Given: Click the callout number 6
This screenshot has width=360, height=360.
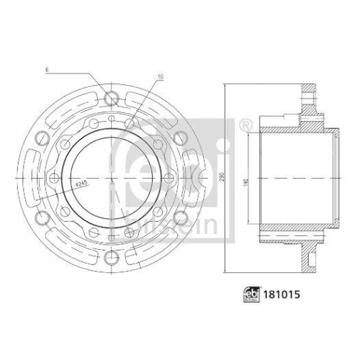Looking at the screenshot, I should [45, 70].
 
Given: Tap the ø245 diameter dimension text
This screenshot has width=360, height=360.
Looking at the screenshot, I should [81, 185].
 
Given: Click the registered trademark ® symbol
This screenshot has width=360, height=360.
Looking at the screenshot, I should [245, 125].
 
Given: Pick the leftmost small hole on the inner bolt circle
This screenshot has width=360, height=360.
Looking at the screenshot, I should [55, 178].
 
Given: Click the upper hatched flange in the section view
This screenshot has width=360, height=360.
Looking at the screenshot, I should [310, 101].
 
